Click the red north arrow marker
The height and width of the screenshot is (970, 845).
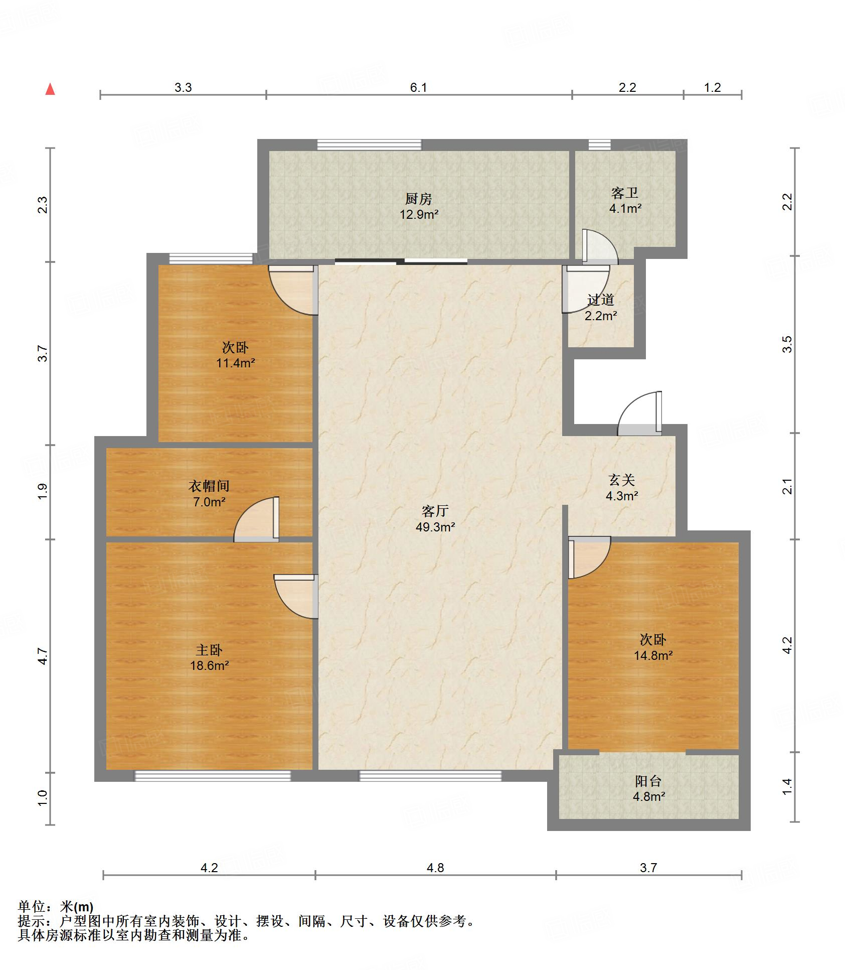[x=50, y=89]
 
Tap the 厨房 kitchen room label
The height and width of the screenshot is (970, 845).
[x=418, y=199]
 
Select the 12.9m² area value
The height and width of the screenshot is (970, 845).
[x=419, y=215]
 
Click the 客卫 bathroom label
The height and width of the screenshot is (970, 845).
[x=625, y=193]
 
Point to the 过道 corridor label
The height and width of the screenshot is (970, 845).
[x=601, y=300]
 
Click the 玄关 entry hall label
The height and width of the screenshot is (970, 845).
[x=622, y=480]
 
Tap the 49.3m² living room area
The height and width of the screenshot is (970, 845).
[x=435, y=527]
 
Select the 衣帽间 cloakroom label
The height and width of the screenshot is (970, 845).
[x=209, y=486]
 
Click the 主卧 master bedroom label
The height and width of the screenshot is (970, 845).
[x=209, y=650]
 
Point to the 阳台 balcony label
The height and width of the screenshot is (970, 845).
[x=648, y=781]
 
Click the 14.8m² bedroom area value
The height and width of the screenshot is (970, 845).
[x=653, y=655]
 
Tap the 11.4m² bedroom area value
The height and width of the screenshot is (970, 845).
[x=236, y=363]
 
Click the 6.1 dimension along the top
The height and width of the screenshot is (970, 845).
[x=419, y=88]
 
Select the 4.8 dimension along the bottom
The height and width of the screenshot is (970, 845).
[x=435, y=868]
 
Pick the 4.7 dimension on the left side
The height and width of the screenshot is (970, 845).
[x=43, y=656]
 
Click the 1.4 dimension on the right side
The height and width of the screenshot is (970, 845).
[x=788, y=786]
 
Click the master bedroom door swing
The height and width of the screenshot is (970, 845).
[x=296, y=596]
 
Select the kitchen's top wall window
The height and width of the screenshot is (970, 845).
[x=369, y=145]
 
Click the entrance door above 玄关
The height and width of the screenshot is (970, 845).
[x=639, y=413]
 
